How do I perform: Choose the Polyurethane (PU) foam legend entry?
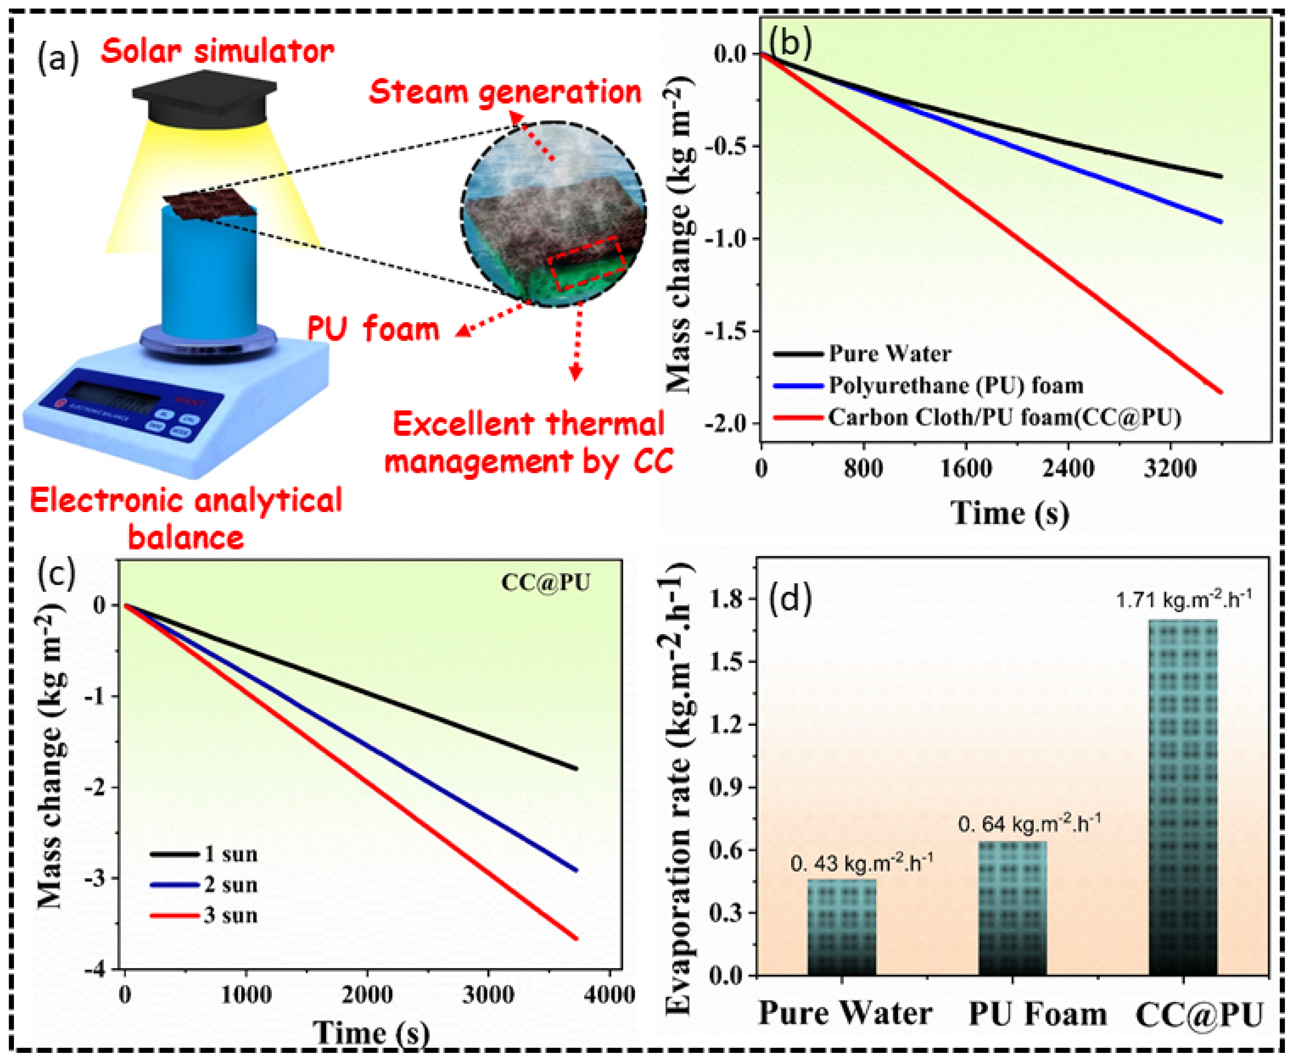pos(955,385)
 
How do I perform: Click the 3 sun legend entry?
pos(230,916)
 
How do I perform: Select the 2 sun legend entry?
pos(230,885)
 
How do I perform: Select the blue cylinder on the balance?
pos(209,275)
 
